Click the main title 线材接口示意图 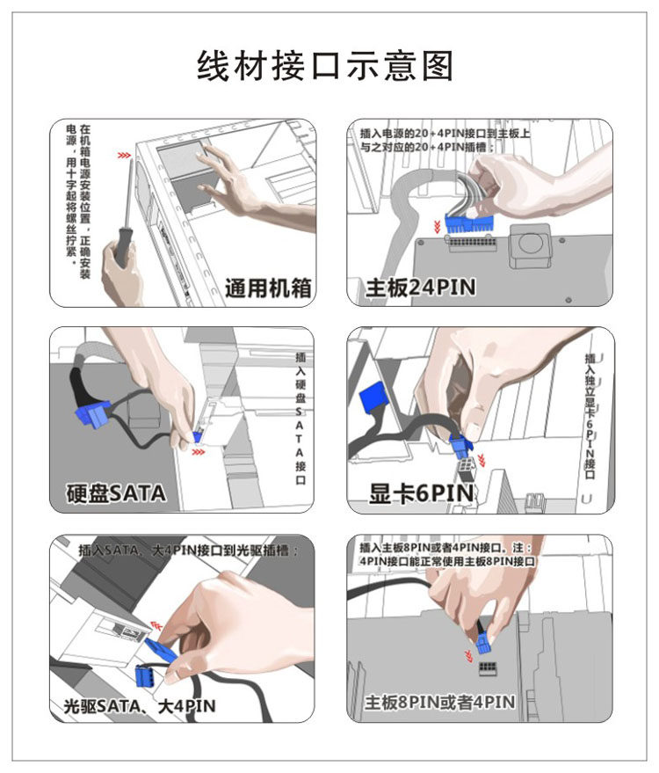point(324,66)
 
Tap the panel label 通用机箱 point(268,288)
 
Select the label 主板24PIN point(421,288)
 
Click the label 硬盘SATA point(116,493)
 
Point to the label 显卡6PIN point(422,493)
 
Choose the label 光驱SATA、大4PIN point(140,706)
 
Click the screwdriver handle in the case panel point(121,246)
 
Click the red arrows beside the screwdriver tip point(124,156)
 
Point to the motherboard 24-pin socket point(472,243)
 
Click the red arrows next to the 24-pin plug point(437,227)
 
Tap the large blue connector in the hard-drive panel point(92,413)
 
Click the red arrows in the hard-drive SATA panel point(198,451)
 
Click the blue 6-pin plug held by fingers point(461,445)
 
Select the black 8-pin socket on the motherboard point(488,667)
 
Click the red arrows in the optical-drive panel point(156,626)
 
